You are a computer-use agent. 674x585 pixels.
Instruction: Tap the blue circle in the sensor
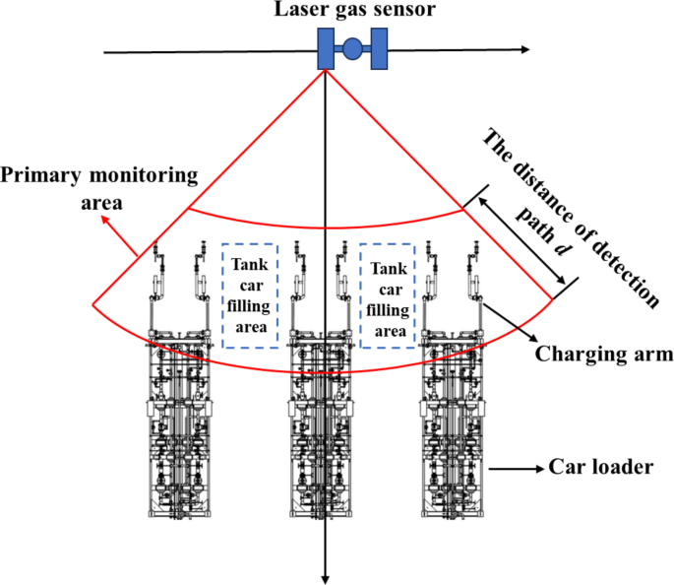(x=351, y=49)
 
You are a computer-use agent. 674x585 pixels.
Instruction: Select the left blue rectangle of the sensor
(x=326, y=49)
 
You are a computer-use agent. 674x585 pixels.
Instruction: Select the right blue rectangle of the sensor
(x=377, y=49)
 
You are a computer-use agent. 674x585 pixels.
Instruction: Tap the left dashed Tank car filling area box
(x=250, y=295)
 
